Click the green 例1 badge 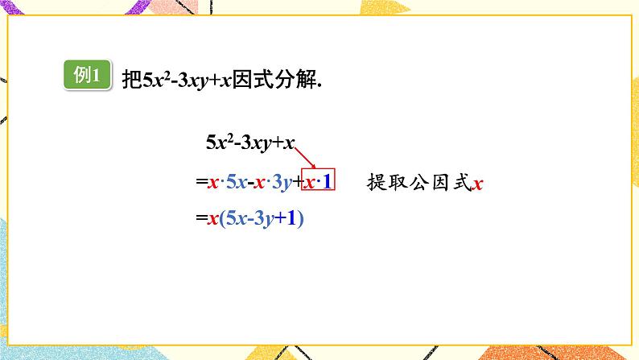[x=86, y=77]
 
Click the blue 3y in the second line [x=281, y=184]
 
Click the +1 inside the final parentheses [x=291, y=217]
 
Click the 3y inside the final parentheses [x=265, y=217]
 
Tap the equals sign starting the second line [x=201, y=184]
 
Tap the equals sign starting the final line [x=201, y=217]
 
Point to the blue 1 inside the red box [x=328, y=184]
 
